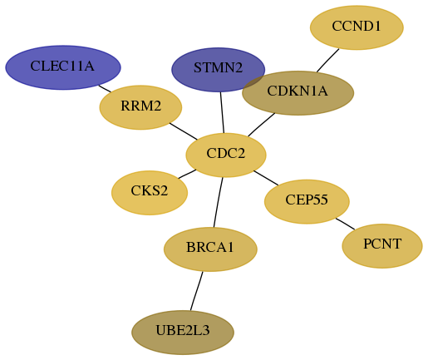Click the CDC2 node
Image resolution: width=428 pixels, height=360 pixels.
tap(226, 155)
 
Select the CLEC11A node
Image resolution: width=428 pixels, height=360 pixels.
tap(63, 67)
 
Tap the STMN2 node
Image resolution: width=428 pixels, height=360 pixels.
tap(219, 70)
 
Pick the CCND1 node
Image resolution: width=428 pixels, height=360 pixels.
tap(357, 27)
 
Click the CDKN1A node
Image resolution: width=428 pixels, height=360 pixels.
tap(298, 93)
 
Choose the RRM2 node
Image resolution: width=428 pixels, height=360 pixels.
tap(140, 107)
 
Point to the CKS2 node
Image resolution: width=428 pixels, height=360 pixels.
tap(150, 193)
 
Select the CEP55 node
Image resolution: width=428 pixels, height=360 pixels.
tap(307, 201)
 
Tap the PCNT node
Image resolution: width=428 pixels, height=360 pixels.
tap(382, 246)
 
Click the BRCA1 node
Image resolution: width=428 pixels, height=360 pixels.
tap(210, 249)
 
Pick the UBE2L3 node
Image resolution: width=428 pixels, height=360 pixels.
tap(183, 333)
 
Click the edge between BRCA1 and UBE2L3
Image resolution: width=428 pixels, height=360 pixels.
tap(197, 291)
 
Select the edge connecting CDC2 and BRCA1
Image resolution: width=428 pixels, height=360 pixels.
tap(219, 202)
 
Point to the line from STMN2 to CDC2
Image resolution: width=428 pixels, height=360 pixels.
tap(222, 112)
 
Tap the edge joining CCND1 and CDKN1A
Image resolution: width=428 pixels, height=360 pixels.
tap(328, 61)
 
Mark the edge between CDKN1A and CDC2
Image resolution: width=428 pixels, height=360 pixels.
tap(262, 125)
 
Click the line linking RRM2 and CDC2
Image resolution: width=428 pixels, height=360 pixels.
tap(184, 131)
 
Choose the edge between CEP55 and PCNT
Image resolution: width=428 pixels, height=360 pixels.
tap(345, 224)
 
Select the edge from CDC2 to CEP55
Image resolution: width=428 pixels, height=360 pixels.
tap(266, 178)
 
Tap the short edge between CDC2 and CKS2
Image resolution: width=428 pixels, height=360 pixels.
tap(187, 174)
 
